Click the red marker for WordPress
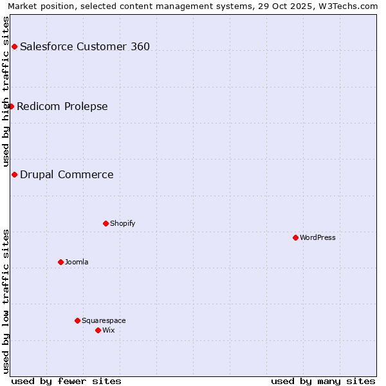pyautogui.click(x=295, y=237)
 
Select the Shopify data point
pyautogui.click(x=106, y=223)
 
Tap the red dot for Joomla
pyautogui.click(x=60, y=262)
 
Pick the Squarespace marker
pyautogui.click(x=77, y=320)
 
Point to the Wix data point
pyautogui.click(x=98, y=330)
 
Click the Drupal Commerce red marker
pyautogui.click(x=14, y=174)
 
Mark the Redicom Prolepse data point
pyautogui.click(x=11, y=106)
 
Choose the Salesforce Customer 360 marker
pyautogui.click(x=14, y=46)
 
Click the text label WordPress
pyautogui.click(x=318, y=237)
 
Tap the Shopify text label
pyautogui.click(x=122, y=223)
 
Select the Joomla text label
pyautogui.click(x=77, y=262)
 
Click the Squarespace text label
pyautogui.click(x=104, y=320)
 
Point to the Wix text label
pyautogui.click(x=108, y=330)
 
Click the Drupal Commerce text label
pyautogui.click(x=67, y=174)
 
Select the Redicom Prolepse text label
pyautogui.click(x=62, y=106)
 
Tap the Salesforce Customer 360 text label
pyautogui.click(x=85, y=46)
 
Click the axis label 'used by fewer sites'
pyautogui.click(x=66, y=381)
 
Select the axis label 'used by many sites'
pyautogui.click(x=323, y=381)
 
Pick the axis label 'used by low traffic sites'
pyautogui.click(x=6, y=301)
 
